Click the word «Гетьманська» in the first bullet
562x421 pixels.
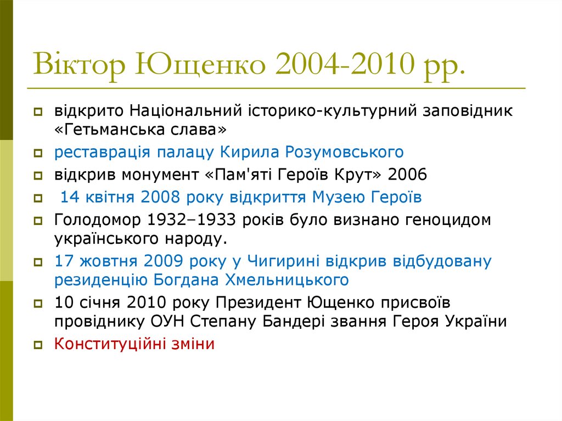click(x=111, y=131)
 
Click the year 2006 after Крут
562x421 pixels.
click(x=407, y=175)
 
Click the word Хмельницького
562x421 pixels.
click(x=286, y=280)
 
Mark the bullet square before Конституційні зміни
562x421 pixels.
click(x=38, y=345)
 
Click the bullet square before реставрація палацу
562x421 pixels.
click(x=38, y=153)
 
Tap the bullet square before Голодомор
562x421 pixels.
click(x=38, y=221)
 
